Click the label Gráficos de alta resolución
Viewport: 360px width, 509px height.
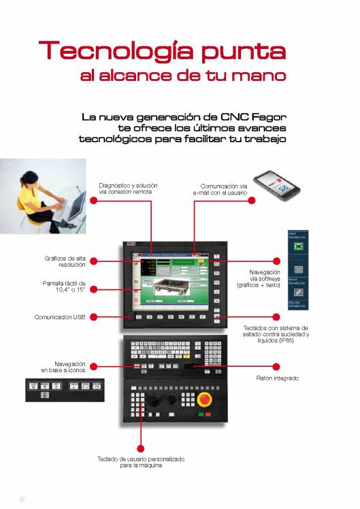[x=65, y=261]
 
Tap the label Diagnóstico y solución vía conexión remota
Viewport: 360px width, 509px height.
[x=128, y=188]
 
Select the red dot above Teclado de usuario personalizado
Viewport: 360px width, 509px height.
[x=142, y=447]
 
